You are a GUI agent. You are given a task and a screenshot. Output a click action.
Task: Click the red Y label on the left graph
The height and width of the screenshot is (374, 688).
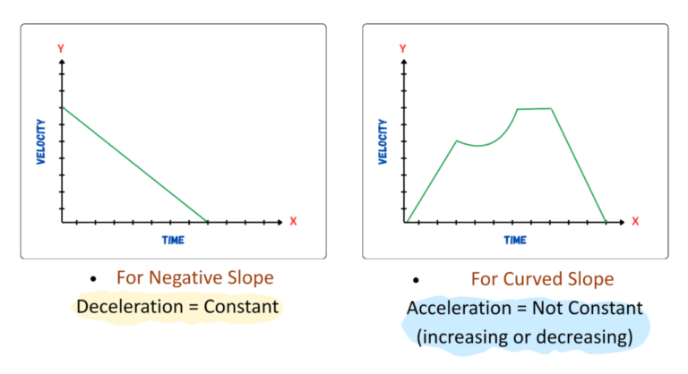(60, 47)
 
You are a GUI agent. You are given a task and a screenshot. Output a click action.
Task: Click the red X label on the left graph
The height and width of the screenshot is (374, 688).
(292, 221)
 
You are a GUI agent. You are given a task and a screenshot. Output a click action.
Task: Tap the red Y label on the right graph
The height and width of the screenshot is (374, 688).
(404, 47)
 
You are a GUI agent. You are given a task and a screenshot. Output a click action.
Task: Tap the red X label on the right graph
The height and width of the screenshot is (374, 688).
(635, 221)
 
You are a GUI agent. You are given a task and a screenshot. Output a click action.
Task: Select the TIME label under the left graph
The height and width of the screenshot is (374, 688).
(172, 240)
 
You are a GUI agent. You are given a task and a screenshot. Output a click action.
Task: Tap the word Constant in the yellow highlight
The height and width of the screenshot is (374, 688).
(243, 308)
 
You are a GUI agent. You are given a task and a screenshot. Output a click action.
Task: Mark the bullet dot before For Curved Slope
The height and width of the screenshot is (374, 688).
(415, 279)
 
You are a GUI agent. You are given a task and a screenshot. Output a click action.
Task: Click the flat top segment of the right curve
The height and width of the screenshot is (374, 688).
(535, 108)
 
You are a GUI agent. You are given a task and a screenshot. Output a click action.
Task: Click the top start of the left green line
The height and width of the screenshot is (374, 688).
(62, 107)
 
